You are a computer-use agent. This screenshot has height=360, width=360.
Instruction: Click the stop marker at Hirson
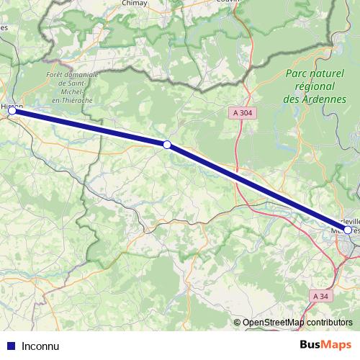click(12, 111)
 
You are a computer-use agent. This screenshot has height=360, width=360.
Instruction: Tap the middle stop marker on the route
click(167, 145)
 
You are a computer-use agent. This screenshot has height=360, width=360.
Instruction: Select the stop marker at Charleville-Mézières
click(348, 230)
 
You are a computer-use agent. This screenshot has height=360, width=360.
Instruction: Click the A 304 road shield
click(243, 112)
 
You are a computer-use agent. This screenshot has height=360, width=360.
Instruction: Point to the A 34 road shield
click(320, 296)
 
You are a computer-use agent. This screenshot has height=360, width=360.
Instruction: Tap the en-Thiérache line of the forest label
click(66, 102)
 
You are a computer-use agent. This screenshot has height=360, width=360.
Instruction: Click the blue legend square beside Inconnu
click(9, 346)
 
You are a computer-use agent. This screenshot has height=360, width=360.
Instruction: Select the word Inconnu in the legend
click(40, 346)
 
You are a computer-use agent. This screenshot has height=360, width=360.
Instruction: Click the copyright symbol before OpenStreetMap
click(237, 323)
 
